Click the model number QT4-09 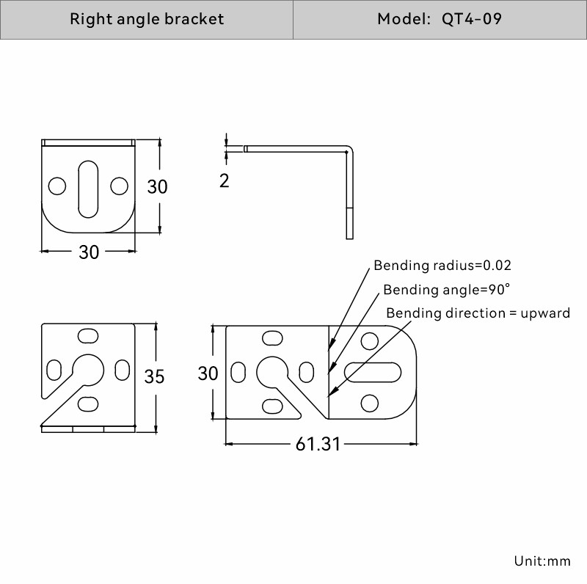472,19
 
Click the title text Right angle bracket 147,19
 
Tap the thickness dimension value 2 225,180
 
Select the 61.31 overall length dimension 318,444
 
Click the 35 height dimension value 154,376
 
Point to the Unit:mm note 542,561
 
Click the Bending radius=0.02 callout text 442,265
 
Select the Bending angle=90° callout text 446,289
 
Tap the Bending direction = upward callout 478,313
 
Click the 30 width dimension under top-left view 89,252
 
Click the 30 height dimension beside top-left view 157,186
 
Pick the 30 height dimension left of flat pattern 208,373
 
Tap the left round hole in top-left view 56,186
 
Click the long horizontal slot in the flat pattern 373,373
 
